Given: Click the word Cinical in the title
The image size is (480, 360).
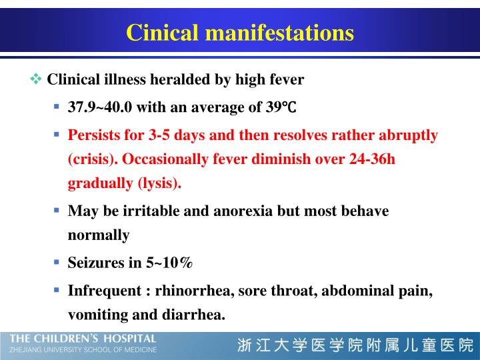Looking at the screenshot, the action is tap(162, 33).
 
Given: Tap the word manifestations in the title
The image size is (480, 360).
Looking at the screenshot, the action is tap(279, 33).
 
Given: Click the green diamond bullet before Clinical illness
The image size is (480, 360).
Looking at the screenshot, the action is tap(36, 79).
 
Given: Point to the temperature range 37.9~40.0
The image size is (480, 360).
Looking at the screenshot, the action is tap(100, 107).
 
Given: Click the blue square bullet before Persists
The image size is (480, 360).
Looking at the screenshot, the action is tap(56, 135).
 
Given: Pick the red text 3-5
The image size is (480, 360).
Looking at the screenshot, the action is tap(159, 135).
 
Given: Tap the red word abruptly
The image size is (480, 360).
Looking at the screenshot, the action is tap(409, 135).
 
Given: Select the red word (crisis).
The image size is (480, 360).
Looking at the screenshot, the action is tap(93, 159).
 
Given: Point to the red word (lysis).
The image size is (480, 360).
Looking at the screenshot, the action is tap(159, 183).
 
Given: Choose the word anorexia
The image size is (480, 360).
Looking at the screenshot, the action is tap(243, 211).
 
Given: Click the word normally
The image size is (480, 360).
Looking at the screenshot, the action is tap(99, 235).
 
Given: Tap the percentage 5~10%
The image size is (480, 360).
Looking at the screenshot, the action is tap(169, 263).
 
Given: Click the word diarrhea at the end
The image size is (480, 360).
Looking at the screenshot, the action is tap(193, 315).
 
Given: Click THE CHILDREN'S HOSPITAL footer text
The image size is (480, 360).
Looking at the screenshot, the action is tap(83, 339).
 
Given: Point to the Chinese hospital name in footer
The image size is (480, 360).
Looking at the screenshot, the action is tap(355, 345).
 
